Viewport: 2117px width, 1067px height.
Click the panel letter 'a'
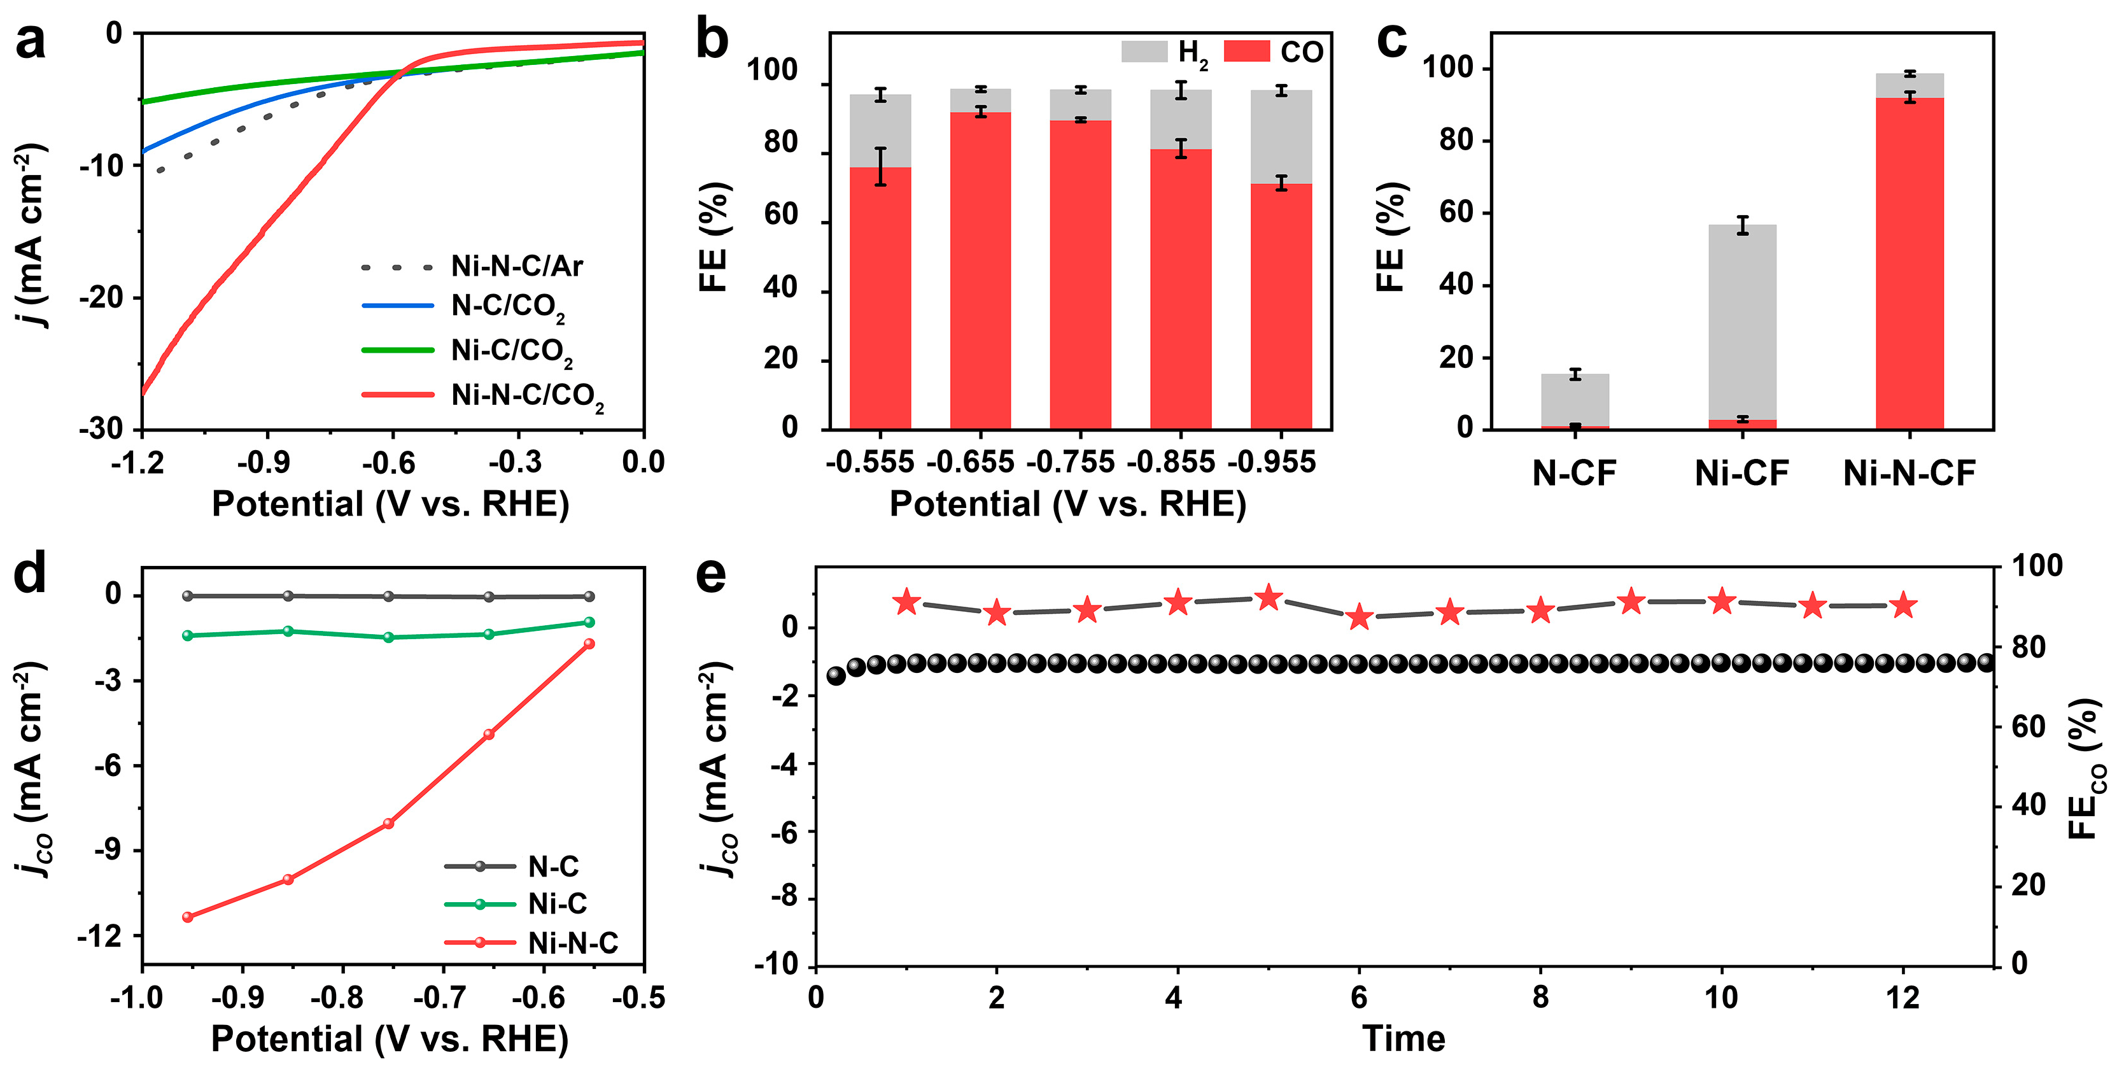31,41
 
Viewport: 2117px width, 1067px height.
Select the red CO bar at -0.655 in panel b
980,271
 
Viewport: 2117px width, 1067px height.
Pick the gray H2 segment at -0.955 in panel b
1281,136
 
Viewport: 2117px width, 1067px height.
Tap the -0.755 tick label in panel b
1071,463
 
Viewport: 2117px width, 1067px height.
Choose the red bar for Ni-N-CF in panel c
1909,263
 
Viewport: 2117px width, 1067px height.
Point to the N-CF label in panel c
1574,474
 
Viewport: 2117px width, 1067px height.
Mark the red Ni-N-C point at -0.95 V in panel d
187,917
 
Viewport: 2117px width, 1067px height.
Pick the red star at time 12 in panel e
1903,606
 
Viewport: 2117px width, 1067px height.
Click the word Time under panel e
1403,1038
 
